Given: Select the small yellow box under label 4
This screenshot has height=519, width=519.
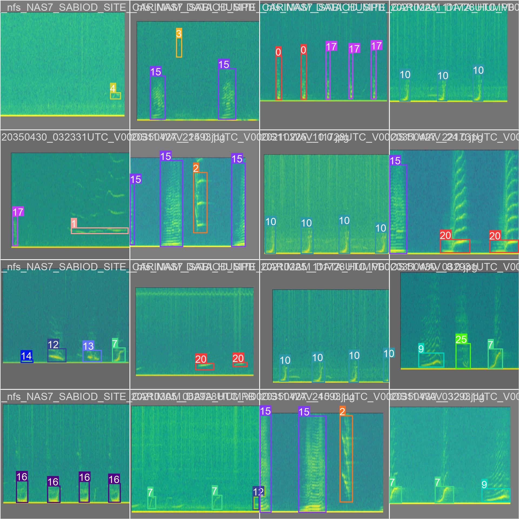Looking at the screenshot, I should tap(115, 96).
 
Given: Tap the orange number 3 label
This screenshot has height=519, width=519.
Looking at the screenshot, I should tap(179, 33).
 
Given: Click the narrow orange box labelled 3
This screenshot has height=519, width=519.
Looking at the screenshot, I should tap(179, 48).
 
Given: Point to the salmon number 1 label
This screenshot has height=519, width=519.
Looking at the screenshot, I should tap(74, 223).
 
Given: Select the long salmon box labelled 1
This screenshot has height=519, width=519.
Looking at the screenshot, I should tap(99, 231).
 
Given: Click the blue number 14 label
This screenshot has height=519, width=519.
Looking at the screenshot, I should tap(26, 356).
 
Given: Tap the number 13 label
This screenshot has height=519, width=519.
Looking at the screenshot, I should tap(88, 346).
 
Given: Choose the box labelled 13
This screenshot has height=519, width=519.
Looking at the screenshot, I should tap(92, 356).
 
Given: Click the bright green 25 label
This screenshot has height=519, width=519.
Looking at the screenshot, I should tap(461, 339).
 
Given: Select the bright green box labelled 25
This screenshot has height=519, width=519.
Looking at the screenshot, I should tap(463, 356).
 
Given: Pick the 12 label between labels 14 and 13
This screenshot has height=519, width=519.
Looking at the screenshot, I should tap(53, 344).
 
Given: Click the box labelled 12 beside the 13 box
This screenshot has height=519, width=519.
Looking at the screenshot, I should tap(57, 355).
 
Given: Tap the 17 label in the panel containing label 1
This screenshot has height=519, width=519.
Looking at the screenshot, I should tap(18, 212).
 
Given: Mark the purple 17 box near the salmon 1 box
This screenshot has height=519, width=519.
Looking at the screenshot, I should tap(15, 231).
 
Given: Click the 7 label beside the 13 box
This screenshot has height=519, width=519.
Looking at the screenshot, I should tap(115, 343).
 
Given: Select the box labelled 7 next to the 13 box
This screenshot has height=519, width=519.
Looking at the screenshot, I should tap(119, 355).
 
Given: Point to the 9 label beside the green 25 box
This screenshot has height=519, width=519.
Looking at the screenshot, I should tap(421, 349).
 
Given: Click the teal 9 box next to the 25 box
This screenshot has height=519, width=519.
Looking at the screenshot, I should tap(431, 360).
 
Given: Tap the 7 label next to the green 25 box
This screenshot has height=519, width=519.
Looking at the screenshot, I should tap(491, 345).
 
